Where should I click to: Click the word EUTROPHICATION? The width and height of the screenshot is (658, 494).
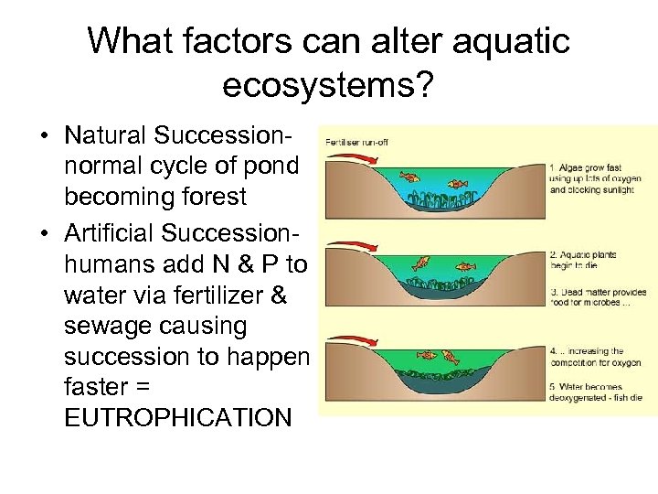(178, 417)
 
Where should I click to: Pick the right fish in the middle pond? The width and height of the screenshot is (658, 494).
(466, 267)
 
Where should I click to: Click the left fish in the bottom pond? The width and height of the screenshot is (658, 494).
(425, 355)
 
